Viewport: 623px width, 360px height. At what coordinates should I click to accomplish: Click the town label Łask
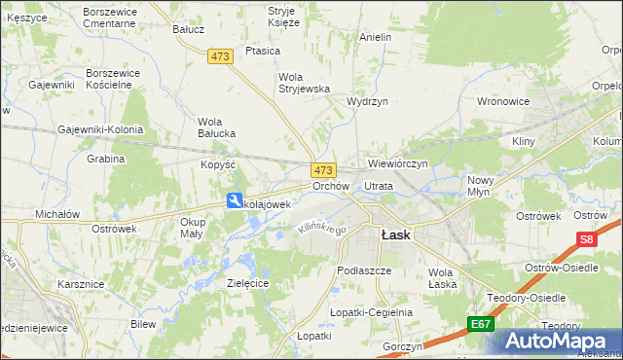click(x=394, y=234)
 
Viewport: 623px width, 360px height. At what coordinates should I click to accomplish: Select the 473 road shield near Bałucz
click(x=220, y=57)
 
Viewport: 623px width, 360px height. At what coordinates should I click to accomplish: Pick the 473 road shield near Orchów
click(x=323, y=169)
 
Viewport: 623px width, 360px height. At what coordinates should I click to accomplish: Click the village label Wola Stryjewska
click(x=305, y=83)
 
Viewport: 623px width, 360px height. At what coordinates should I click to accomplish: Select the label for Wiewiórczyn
click(x=398, y=163)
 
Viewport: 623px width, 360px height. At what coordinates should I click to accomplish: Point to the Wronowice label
click(x=502, y=100)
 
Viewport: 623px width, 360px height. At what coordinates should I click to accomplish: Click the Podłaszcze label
click(x=363, y=270)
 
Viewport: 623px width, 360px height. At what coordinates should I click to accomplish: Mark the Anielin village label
click(x=375, y=37)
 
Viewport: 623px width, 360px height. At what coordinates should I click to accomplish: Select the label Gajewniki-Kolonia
click(x=100, y=129)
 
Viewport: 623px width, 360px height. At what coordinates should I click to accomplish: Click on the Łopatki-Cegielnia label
click(x=371, y=312)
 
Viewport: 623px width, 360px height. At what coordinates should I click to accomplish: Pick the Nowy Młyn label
click(x=481, y=186)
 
